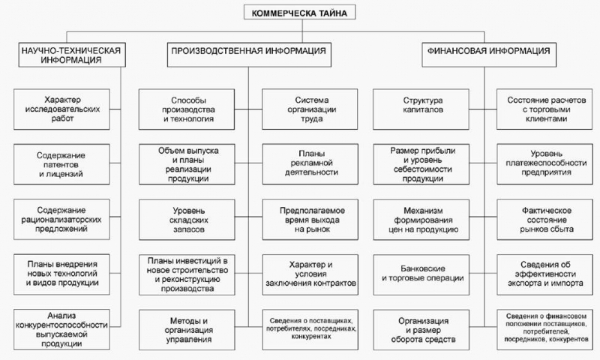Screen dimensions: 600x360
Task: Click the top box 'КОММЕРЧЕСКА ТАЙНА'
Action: [299, 12]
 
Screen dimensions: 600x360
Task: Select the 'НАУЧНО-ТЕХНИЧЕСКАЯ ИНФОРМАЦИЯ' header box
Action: [71, 55]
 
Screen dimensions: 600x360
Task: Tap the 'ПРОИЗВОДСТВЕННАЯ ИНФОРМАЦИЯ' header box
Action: [249, 55]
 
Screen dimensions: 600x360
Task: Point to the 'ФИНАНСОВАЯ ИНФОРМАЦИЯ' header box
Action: [489, 55]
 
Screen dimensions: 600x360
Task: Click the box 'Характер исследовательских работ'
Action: [61, 109]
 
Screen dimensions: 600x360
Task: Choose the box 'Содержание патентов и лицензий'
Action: [61, 164]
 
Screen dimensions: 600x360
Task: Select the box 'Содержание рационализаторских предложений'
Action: [61, 219]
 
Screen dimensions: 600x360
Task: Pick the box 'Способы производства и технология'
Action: [187, 109]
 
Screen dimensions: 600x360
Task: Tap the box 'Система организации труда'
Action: [310, 109]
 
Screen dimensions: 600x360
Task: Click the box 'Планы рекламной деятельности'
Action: [310, 164]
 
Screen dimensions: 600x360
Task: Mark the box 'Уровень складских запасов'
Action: [187, 220]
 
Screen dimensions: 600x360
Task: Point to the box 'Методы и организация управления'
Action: [187, 330]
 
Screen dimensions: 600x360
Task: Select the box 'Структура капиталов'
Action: [421, 109]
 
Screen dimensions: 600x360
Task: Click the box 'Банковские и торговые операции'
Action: [421, 274]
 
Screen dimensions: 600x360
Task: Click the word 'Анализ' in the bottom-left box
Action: [61, 316]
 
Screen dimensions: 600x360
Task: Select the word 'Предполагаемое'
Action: [312, 211]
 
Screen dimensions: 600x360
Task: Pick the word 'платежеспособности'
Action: [546, 163]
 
